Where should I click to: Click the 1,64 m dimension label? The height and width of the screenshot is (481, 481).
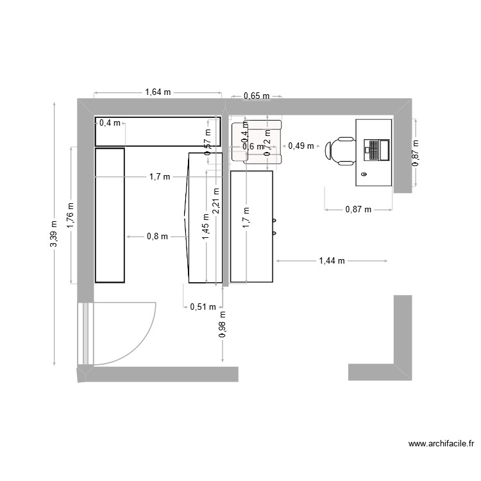coord(158,92)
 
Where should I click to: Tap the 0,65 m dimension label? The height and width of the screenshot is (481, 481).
coord(256,96)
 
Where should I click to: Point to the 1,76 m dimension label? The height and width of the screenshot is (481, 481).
coord(71,215)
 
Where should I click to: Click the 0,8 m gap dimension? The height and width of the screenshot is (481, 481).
coord(157,236)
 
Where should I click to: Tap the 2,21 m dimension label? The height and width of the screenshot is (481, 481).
coord(216,199)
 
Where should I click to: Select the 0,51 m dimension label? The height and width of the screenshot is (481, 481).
coord(203,307)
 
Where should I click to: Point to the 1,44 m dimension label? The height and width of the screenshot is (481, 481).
coord(332,261)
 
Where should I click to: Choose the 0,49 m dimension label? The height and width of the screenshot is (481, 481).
coord(301,146)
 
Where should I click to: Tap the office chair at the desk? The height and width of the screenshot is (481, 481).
coord(341,151)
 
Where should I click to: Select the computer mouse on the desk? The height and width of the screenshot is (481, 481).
coord(364,174)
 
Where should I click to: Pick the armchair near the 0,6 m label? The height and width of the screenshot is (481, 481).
coord(257,142)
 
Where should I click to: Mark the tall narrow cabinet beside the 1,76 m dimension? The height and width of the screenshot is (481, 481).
coord(110,215)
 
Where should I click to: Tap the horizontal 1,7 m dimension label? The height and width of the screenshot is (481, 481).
coord(160,176)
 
